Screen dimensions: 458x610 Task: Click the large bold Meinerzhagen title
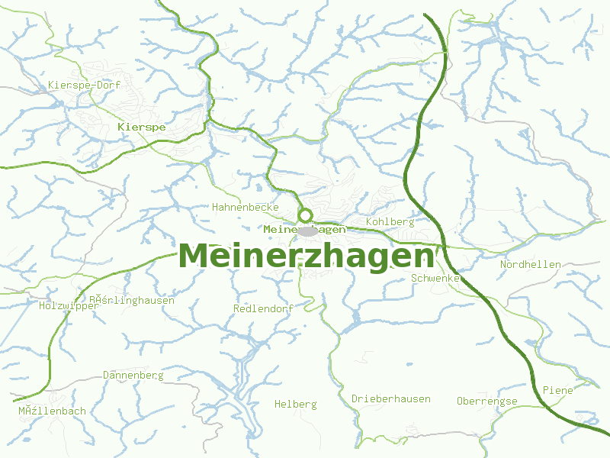[307, 256]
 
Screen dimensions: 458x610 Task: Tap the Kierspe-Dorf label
[79, 85]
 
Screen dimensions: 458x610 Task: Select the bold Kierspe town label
[142, 127]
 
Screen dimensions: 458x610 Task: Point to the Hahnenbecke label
[246, 207]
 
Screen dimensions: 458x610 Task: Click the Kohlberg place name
[390, 222]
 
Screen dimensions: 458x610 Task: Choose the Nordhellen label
[530, 265]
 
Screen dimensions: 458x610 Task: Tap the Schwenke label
[435, 279]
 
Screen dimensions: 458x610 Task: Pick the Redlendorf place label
[263, 308]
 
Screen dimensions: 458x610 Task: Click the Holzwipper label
[69, 306]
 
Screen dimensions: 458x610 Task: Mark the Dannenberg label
[133, 376]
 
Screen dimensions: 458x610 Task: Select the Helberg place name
[295, 404]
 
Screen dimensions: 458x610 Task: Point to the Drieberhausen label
[390, 399]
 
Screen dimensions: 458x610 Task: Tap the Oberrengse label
[486, 402]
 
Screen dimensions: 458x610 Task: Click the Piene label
[557, 390]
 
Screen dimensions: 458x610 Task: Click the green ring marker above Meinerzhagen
[306, 215]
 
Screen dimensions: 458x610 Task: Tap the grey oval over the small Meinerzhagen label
[308, 231]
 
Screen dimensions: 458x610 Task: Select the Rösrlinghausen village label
[131, 300]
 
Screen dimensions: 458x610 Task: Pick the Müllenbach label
[52, 411]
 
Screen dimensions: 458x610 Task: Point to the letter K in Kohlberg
[369, 222]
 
